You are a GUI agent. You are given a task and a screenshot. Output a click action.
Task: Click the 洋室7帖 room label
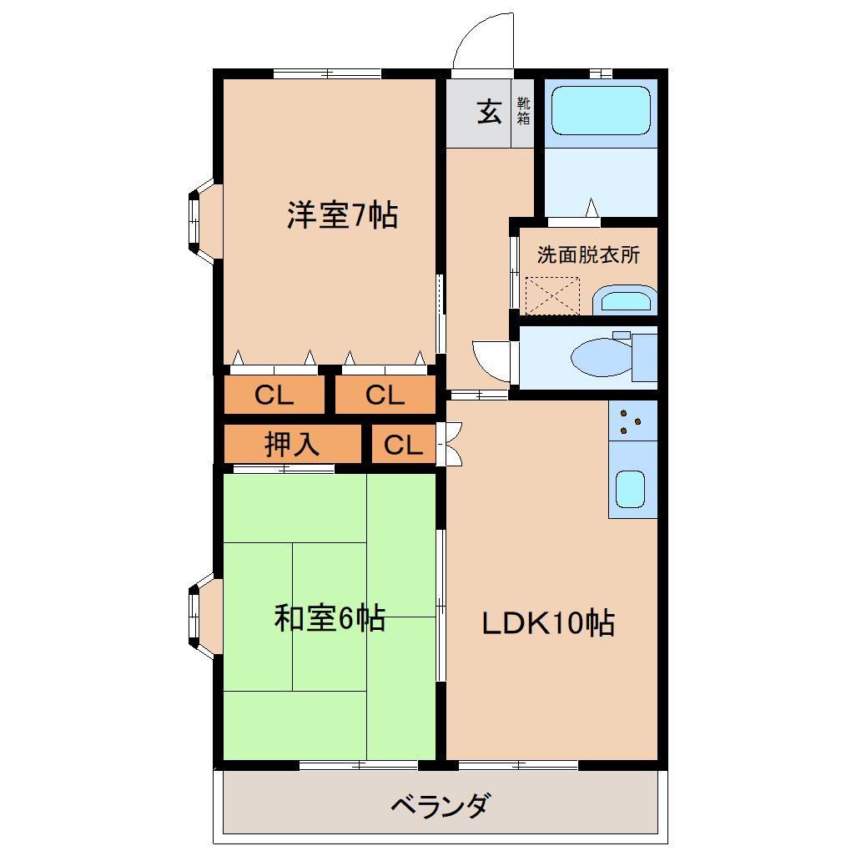click(x=342, y=216)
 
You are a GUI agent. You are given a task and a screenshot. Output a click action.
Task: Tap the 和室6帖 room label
click(x=330, y=618)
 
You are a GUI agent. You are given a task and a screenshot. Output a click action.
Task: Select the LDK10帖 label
click(x=548, y=622)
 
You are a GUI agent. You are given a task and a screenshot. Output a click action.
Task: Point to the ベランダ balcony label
click(x=440, y=806)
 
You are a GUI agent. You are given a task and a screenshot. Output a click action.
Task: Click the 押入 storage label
click(x=292, y=444)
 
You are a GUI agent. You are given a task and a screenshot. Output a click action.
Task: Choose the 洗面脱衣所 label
click(x=588, y=255)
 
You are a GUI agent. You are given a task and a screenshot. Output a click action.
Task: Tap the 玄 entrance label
click(x=490, y=111)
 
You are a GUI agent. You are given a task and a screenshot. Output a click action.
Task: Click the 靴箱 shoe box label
click(x=523, y=111)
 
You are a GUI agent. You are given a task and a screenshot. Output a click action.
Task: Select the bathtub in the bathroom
click(x=601, y=109)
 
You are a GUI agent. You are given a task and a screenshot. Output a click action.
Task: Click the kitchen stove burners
click(x=632, y=421)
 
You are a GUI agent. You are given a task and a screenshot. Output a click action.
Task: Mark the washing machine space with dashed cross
click(x=552, y=296)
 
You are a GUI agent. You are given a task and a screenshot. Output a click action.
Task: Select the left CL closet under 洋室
click(x=274, y=395)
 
